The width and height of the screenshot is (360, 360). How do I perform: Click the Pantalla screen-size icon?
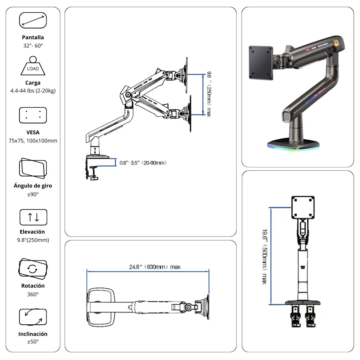pos(33,20)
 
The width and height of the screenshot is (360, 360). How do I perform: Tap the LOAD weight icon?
pos(33,66)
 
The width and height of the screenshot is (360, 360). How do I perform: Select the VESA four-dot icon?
pos(33,115)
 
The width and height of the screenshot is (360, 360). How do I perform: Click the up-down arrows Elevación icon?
pos(33,217)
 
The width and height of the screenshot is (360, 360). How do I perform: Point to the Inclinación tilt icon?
pos(33,317)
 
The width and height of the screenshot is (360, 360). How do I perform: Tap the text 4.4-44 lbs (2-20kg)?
pos(33,91)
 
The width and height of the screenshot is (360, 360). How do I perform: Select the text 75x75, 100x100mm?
pos(33,141)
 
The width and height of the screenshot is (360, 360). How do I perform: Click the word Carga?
pos(33,83)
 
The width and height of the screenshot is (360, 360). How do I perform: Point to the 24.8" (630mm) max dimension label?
pos(155,267)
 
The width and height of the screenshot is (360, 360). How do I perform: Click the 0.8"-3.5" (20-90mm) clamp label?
pos(143,163)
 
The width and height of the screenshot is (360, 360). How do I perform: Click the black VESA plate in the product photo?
pos(261,62)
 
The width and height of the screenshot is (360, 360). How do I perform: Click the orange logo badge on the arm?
pos(337,42)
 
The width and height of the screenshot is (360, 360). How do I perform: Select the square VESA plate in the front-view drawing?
pos(303,207)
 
